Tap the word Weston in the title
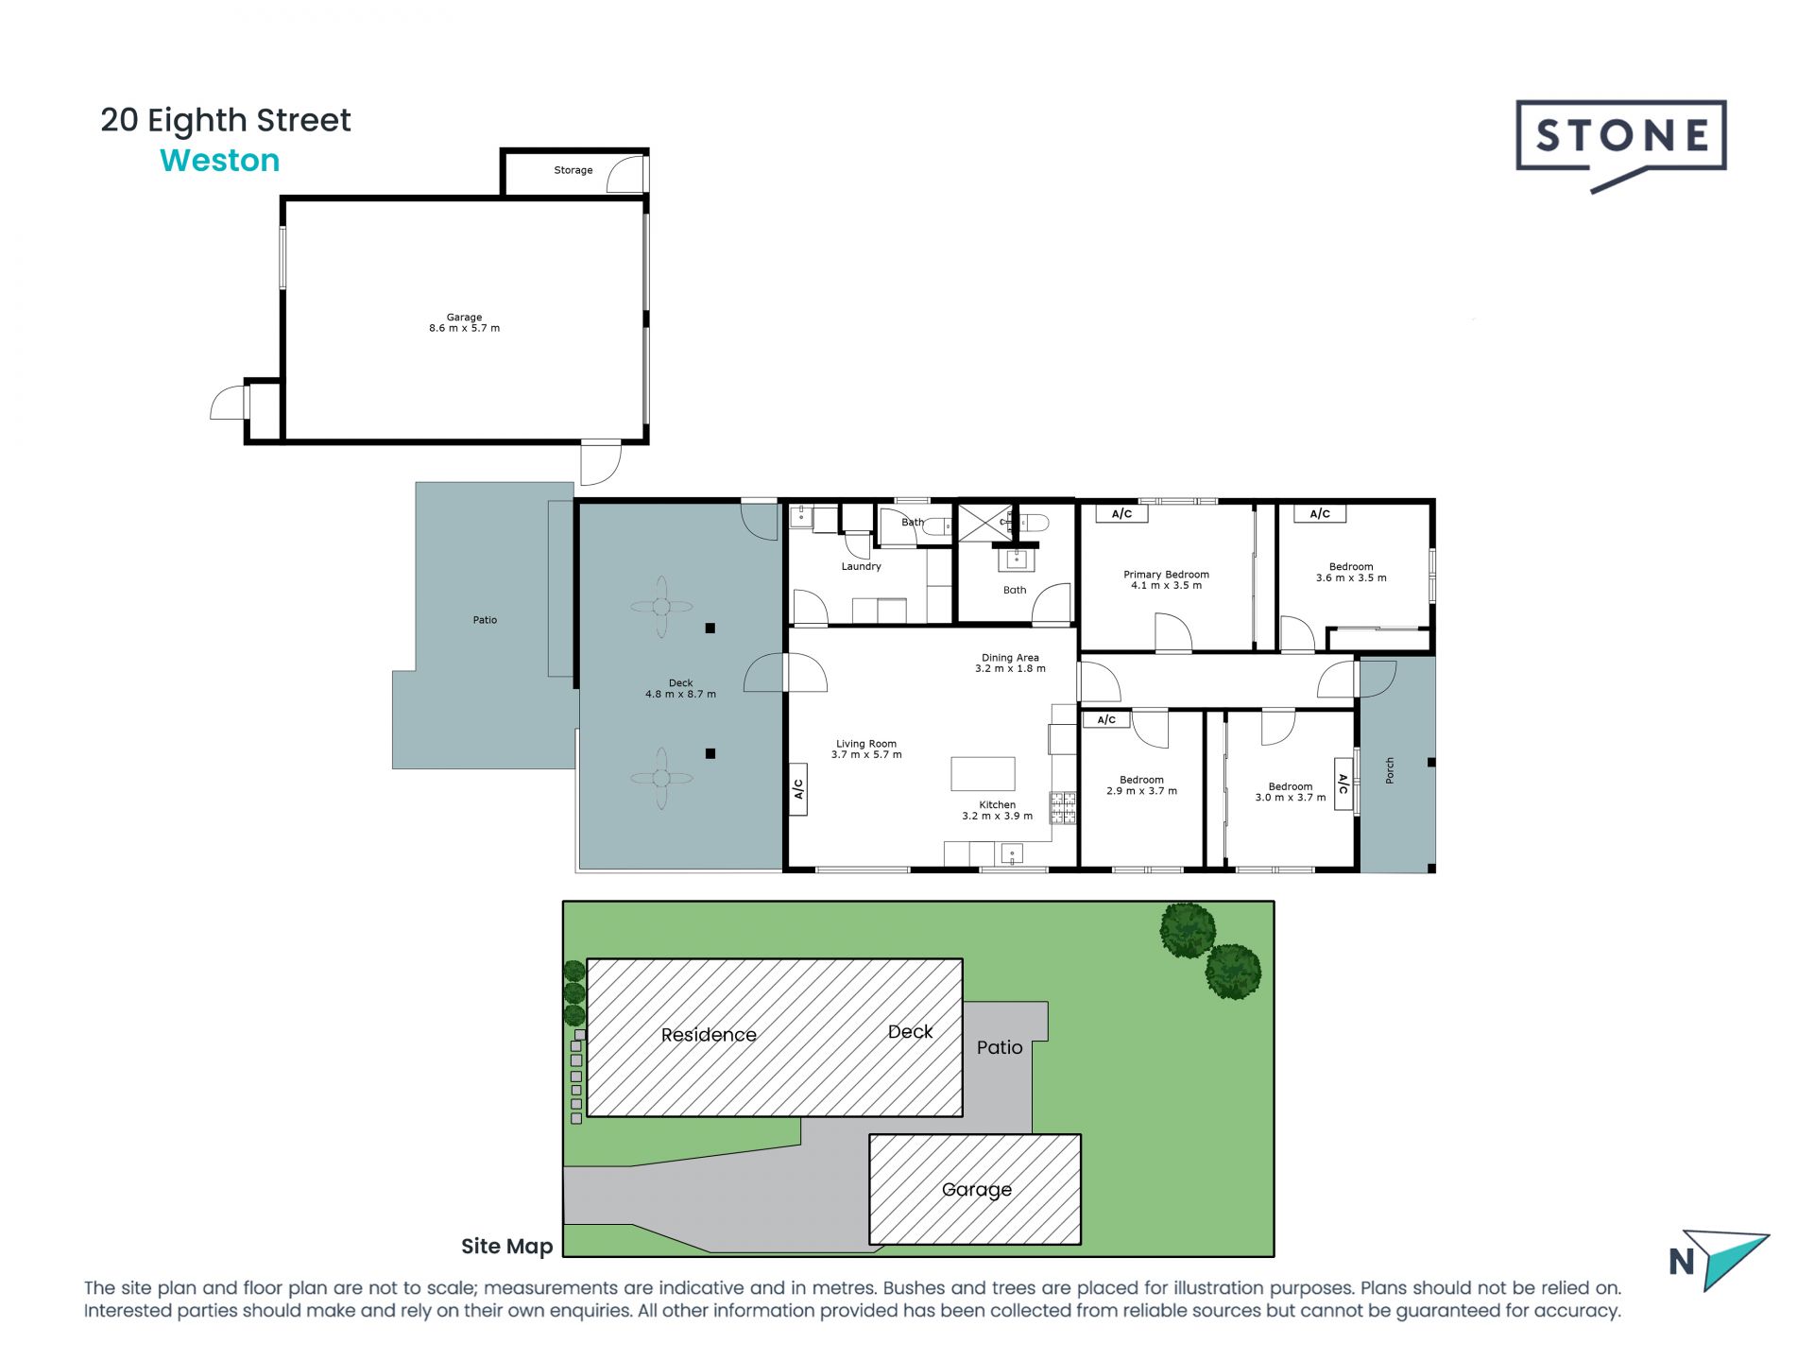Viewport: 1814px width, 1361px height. pyautogui.click(x=220, y=161)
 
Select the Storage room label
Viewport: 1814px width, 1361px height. pyautogui.click(x=573, y=170)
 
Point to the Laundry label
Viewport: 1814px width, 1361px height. pyautogui.click(x=861, y=567)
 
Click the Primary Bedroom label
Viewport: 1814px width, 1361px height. pyautogui.click(x=1166, y=575)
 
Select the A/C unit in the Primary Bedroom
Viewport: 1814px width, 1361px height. pyautogui.click(x=1121, y=514)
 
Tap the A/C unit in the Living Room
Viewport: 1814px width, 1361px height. pyautogui.click(x=798, y=788)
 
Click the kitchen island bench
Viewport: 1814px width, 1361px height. pyautogui.click(x=983, y=773)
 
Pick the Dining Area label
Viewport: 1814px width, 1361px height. pyautogui.click(x=1010, y=658)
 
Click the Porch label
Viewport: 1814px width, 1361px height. pyautogui.click(x=1390, y=770)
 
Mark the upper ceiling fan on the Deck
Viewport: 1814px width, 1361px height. pyautogui.click(x=661, y=607)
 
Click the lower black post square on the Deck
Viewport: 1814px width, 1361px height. pyautogui.click(x=710, y=753)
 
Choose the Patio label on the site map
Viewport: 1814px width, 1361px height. pyautogui.click(x=1000, y=1047)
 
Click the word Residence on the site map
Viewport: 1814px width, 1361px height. pyautogui.click(x=709, y=1035)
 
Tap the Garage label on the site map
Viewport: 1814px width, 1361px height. pyautogui.click(x=977, y=1190)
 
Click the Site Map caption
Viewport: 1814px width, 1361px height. pyautogui.click(x=506, y=1247)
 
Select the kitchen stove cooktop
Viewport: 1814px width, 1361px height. pyautogui.click(x=1064, y=807)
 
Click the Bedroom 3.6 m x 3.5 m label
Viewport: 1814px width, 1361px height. pyautogui.click(x=1351, y=573)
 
